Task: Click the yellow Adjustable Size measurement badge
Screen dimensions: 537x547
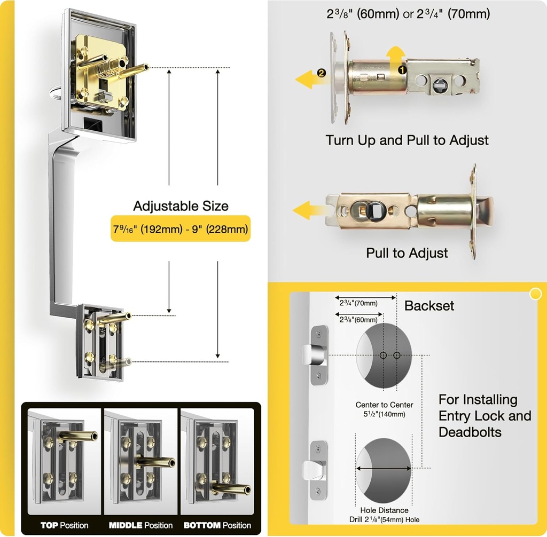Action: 180,228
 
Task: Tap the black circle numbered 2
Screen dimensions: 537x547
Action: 321,74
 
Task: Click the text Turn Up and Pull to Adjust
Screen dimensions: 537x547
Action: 407,140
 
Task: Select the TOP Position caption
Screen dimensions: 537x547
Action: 64,525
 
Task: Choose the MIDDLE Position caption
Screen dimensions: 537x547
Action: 140,525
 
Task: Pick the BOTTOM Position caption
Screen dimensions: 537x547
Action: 217,525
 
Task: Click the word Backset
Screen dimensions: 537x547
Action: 429,306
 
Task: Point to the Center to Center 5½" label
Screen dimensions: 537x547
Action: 384,409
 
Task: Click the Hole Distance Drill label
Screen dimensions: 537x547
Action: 384,515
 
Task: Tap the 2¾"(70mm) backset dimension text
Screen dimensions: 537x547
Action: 358,303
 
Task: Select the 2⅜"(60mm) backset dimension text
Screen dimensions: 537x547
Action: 358,319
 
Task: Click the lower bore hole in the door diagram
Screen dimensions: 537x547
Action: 384,468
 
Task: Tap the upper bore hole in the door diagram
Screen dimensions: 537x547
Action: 384,355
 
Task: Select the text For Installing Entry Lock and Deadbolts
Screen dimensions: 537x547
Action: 485,415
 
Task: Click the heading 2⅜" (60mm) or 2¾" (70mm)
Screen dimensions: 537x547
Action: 408,15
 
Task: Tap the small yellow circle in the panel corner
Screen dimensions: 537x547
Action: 534,294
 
